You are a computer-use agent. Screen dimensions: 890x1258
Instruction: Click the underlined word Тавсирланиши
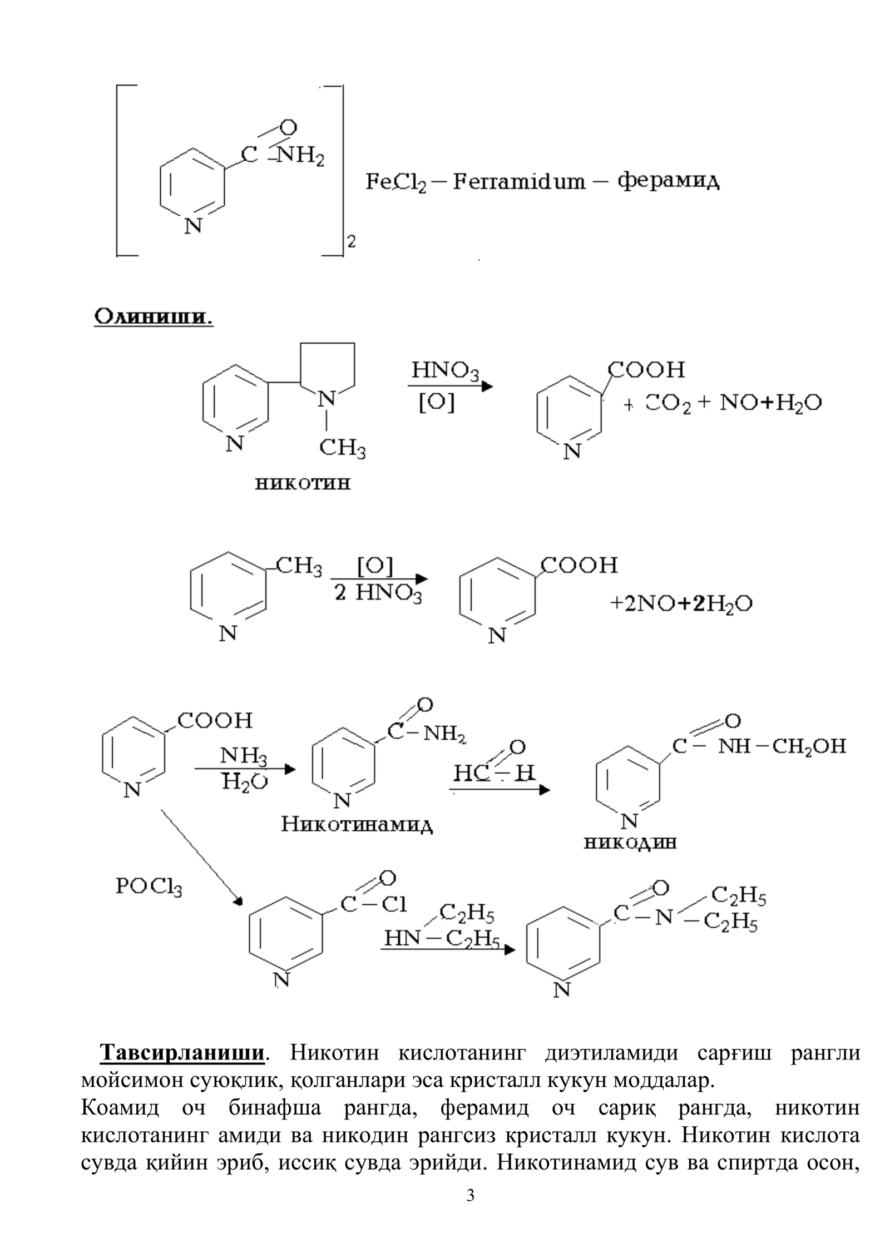(x=181, y=1053)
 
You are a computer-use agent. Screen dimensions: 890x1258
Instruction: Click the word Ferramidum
(x=519, y=181)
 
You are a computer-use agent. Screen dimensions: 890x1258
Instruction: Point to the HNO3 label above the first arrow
(x=445, y=371)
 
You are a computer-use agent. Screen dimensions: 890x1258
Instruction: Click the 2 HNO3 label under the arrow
(x=378, y=594)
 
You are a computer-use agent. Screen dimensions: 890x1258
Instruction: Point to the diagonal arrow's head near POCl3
(x=240, y=900)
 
